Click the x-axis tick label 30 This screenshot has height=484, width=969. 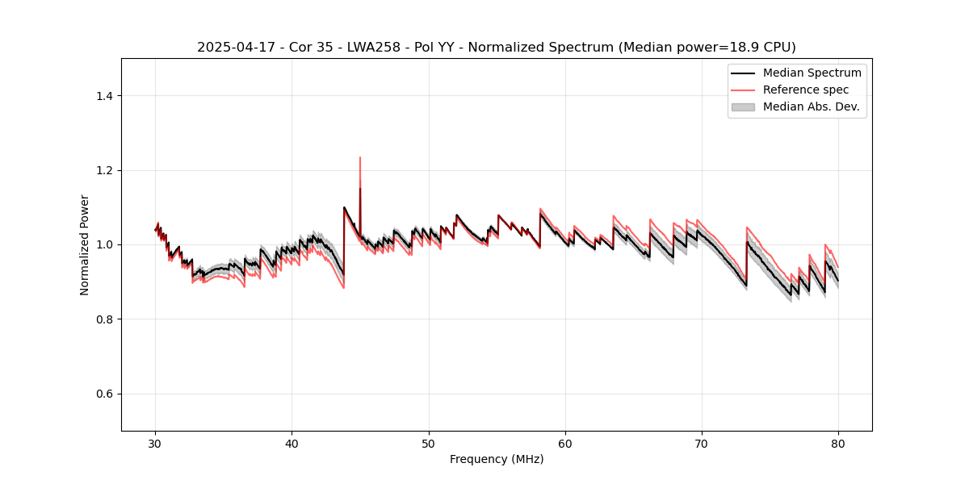156,444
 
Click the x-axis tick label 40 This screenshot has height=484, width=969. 292,444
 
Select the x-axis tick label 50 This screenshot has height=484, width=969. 429,444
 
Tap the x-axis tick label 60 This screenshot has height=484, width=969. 565,444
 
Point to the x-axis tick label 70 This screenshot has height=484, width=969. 702,444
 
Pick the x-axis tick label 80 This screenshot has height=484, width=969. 838,444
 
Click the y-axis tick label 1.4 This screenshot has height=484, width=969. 104,96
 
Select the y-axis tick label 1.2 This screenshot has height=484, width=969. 104,170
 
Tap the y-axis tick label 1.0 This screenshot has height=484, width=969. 104,244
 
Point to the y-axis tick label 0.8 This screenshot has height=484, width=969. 104,319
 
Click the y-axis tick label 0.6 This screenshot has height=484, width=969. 104,394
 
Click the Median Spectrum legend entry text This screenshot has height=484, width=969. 812,73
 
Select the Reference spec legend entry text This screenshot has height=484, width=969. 806,90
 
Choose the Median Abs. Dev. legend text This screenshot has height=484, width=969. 811,106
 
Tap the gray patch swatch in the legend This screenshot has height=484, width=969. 743,106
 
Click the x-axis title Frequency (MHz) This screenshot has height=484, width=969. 497,459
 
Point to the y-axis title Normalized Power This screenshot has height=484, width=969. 85,244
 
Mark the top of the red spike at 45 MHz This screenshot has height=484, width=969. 360,157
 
